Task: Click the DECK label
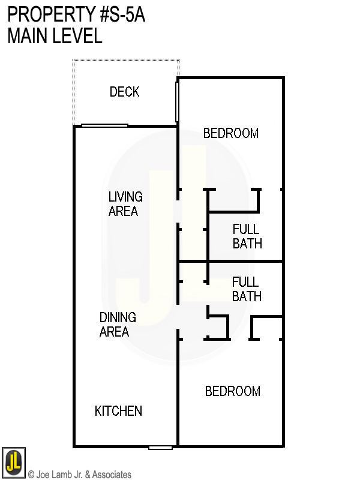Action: (x=124, y=92)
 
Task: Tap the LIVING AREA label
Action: (x=125, y=204)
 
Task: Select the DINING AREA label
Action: (x=118, y=325)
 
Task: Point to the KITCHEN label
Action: (x=118, y=411)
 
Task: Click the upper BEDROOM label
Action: (x=230, y=133)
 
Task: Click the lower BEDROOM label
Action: (x=232, y=391)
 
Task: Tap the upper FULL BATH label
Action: (x=247, y=236)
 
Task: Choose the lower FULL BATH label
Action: (x=247, y=289)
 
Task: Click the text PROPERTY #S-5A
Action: (x=76, y=14)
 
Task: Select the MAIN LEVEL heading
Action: (x=55, y=36)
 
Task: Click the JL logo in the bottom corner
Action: (x=13, y=462)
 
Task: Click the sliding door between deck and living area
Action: (x=104, y=125)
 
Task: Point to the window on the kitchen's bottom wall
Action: (x=160, y=447)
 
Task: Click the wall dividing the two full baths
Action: (x=245, y=261)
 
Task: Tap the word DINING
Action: (x=118, y=317)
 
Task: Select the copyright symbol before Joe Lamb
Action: (x=31, y=475)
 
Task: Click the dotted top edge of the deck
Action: (x=125, y=59)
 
